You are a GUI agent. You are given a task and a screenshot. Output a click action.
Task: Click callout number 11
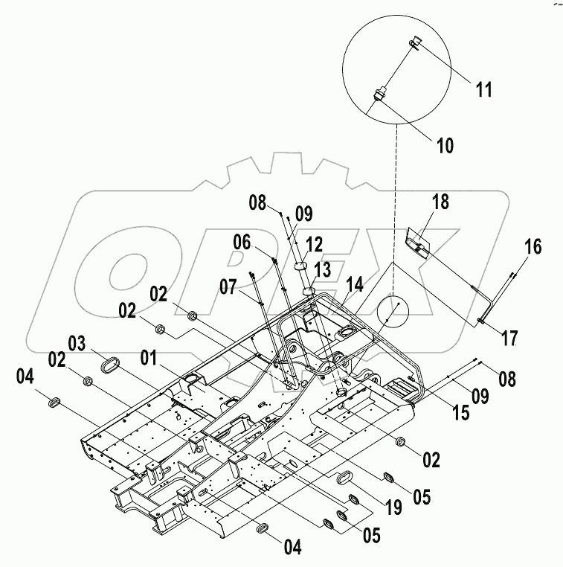click(x=484, y=91)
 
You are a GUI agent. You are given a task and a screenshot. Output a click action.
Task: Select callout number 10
click(x=444, y=145)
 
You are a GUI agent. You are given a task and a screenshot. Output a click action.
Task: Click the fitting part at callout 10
click(x=379, y=95)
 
